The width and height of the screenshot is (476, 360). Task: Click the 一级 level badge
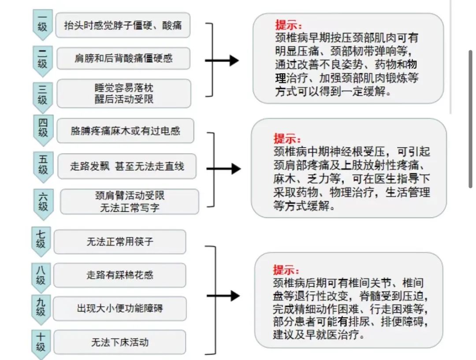coord(43,24)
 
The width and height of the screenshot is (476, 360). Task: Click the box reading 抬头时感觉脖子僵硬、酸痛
coord(123,25)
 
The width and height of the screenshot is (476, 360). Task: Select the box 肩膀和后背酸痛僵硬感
coord(123,58)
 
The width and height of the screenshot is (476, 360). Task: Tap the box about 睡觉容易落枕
coord(124,94)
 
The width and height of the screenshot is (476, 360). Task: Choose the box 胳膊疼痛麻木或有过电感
coord(125,131)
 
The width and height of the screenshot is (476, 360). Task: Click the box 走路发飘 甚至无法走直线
coord(127,166)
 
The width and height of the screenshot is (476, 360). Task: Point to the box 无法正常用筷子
coord(120,242)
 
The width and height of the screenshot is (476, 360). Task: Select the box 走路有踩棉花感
coord(119,275)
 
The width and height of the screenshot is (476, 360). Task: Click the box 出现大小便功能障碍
coord(119,309)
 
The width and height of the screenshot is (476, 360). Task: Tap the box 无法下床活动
coord(119,342)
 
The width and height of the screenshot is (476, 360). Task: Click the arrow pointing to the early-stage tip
coord(222,60)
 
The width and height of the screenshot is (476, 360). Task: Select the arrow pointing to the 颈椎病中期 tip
coord(224,169)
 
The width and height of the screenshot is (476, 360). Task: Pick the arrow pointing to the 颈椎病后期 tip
coord(223,296)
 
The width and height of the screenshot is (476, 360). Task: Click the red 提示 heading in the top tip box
coord(288,25)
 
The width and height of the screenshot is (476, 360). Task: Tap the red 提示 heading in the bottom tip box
coord(286,270)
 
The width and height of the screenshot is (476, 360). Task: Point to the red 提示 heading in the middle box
coord(287,139)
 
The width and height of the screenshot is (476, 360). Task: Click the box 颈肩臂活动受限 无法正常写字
coord(130,202)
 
